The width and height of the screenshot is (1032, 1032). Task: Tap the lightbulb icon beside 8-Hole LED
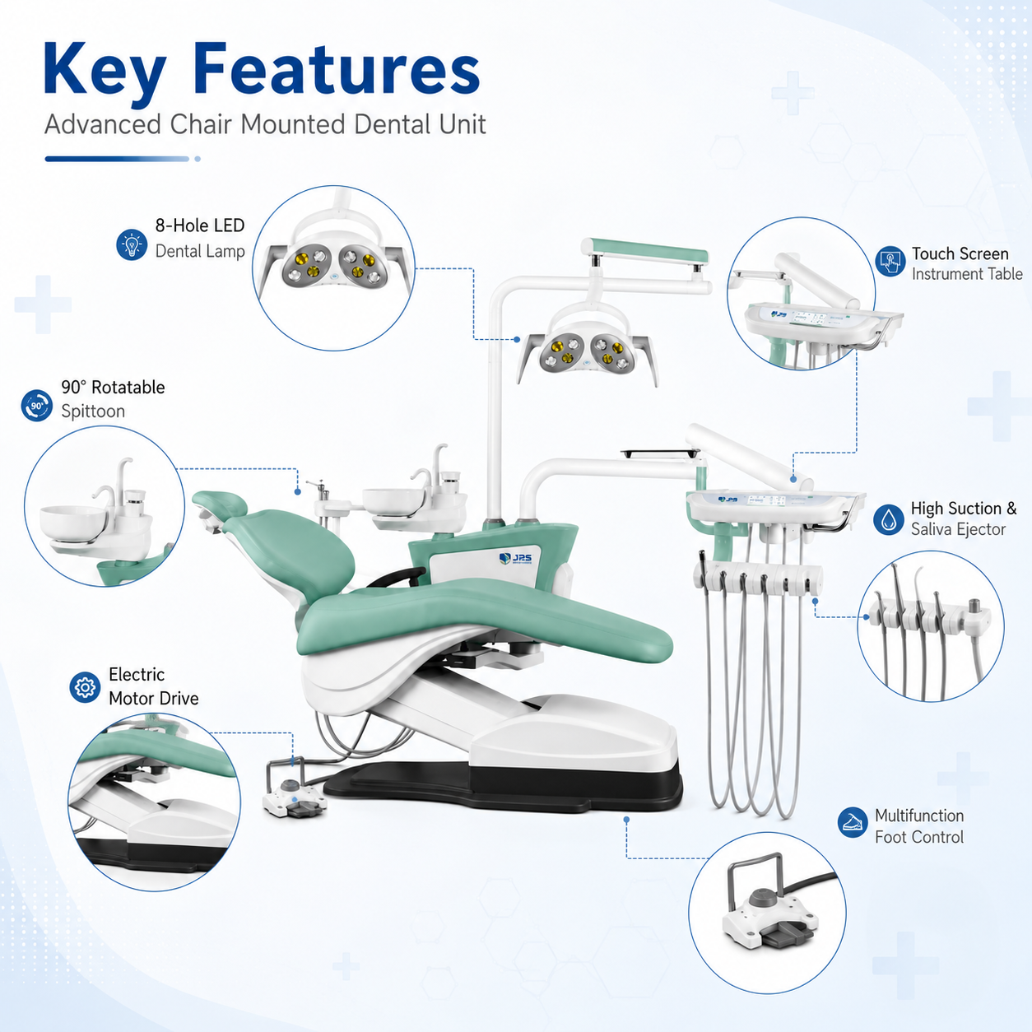tap(132, 245)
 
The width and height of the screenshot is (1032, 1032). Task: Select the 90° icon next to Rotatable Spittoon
tap(37, 406)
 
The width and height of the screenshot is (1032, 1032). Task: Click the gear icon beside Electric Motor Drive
tap(85, 687)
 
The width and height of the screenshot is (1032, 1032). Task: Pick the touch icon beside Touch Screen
tap(890, 262)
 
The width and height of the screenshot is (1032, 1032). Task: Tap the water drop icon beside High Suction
tap(889, 519)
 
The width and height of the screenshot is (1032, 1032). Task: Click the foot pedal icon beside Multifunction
tap(853, 822)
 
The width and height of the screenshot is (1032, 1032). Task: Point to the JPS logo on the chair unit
tap(515, 558)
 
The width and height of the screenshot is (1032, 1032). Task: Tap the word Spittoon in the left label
tap(93, 411)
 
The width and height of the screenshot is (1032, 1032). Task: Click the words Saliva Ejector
tap(958, 529)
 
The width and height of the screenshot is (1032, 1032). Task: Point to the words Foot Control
tap(919, 836)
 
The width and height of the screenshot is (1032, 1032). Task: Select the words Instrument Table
tap(967, 274)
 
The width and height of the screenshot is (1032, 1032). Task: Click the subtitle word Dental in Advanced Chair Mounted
tap(392, 124)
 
